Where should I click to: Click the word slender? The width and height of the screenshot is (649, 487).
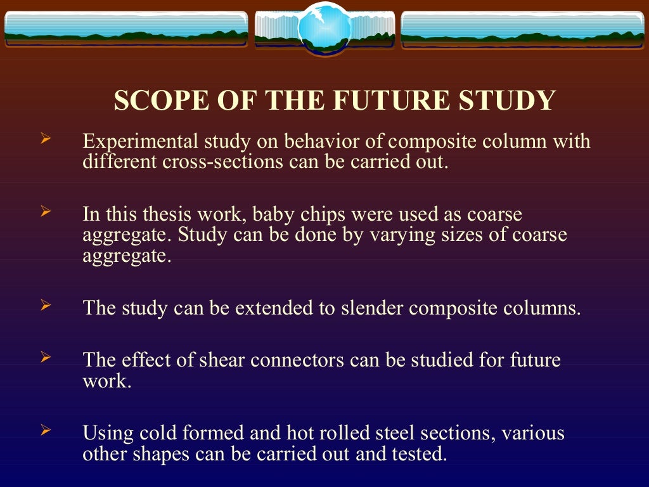click(373, 308)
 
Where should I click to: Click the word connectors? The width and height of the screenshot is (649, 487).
click(298, 360)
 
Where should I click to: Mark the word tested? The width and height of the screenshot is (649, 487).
click(418, 454)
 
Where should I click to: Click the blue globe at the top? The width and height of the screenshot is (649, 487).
click(324, 28)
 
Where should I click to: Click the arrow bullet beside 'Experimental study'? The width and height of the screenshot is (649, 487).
click(45, 138)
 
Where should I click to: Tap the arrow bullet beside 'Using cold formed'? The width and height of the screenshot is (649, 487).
click(45, 431)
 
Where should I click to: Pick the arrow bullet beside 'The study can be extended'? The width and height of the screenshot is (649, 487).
click(45, 306)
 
